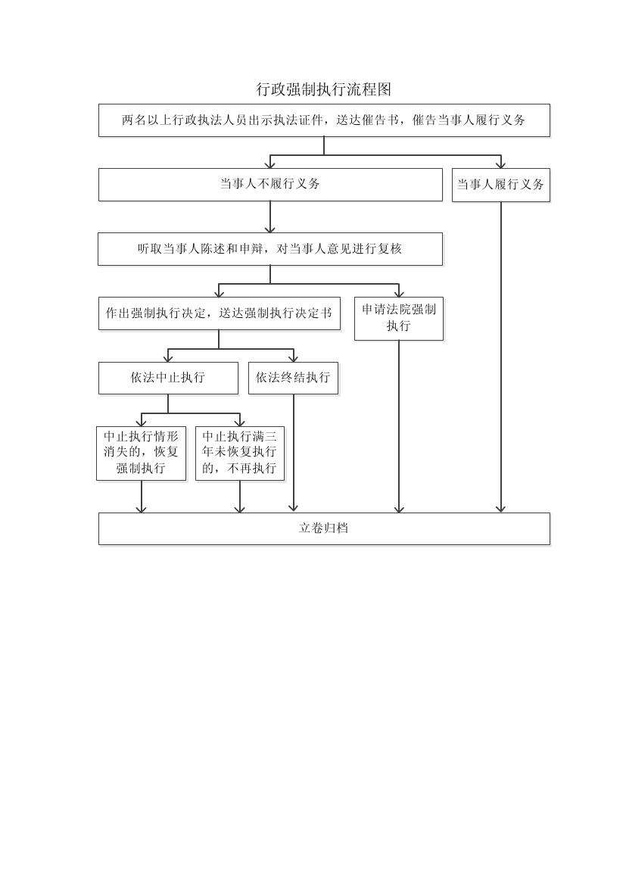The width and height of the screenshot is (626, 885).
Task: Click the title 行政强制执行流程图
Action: pyautogui.click(x=323, y=89)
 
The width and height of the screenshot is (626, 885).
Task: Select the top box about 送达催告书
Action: pyautogui.click(x=323, y=120)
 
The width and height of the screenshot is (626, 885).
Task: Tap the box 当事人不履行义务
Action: pyautogui.click(x=270, y=184)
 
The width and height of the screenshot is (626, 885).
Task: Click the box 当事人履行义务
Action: pyautogui.click(x=500, y=185)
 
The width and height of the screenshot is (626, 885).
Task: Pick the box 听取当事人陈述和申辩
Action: pyautogui.click(x=269, y=248)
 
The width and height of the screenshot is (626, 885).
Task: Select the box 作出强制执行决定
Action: pyautogui.click(x=219, y=313)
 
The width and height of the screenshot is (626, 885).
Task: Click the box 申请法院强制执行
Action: pyautogui.click(x=399, y=318)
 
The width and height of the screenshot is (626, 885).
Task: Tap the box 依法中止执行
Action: pyautogui.click(x=168, y=378)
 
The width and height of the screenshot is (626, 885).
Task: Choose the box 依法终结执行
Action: pyautogui.click(x=293, y=378)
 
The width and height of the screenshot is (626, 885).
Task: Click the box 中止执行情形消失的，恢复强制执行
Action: pyautogui.click(x=141, y=453)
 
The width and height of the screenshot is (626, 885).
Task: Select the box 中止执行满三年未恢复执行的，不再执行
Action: pyautogui.click(x=240, y=453)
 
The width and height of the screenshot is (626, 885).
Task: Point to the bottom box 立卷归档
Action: pyautogui.click(x=323, y=528)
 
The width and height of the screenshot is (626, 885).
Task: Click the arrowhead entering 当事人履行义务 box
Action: pyautogui.click(x=500, y=164)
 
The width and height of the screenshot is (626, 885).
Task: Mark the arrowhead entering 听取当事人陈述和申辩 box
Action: pyautogui.click(x=270, y=228)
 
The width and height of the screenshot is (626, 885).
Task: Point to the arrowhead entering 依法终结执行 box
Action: pyautogui.click(x=293, y=357)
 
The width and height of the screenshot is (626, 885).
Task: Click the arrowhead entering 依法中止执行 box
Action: pyautogui.click(x=168, y=357)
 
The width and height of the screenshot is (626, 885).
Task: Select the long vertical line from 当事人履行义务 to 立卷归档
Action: pyautogui.click(x=500, y=356)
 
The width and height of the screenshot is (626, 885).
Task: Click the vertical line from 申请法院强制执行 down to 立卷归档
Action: pyautogui.click(x=399, y=424)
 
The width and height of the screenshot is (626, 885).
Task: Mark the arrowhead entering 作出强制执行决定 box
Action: pyautogui.click(x=219, y=292)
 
